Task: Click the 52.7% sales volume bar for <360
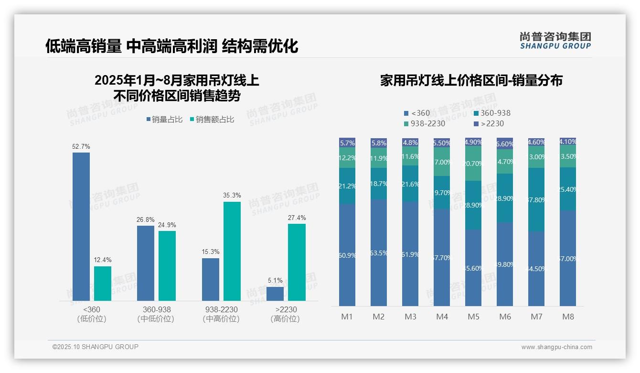[x=81, y=227]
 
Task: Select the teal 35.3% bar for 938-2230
[x=232, y=251]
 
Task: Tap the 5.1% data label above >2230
[x=275, y=281]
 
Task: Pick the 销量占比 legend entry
[x=164, y=120]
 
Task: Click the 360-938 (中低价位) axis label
[x=156, y=314]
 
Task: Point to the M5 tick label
[x=473, y=317]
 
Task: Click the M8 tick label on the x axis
[x=568, y=317]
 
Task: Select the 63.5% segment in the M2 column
[x=379, y=252]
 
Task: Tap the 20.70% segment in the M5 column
[x=473, y=163]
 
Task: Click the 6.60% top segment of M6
[x=505, y=143]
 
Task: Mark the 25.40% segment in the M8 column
[x=568, y=189]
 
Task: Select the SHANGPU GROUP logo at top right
[x=555, y=41]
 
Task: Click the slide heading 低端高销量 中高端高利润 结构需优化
[x=171, y=46]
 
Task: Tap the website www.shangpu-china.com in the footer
[x=556, y=347]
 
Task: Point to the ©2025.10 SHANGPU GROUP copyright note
[x=96, y=347]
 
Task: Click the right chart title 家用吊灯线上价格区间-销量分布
[x=471, y=80]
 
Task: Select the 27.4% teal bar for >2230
[x=297, y=262]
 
